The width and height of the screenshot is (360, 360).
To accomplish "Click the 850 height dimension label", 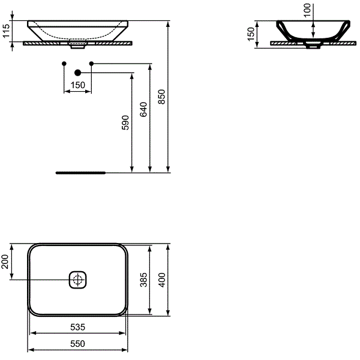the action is tap(162, 97).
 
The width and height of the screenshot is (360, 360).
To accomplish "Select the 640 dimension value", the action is tap(143, 109).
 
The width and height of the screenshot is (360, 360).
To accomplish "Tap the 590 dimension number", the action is tap(125, 122).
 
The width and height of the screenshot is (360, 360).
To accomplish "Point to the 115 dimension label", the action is tap(6, 31).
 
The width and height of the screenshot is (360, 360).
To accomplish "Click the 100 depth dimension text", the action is tap(307, 10).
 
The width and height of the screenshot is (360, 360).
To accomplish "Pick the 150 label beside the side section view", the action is tap(251, 34).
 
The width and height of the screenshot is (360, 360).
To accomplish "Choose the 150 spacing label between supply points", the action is tap(78, 85).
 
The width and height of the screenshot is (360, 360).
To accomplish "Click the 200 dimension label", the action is tap(5, 262).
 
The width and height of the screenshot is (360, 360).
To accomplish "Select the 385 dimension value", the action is tap(144, 280).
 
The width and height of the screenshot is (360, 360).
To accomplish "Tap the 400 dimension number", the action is tap(162, 280).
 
